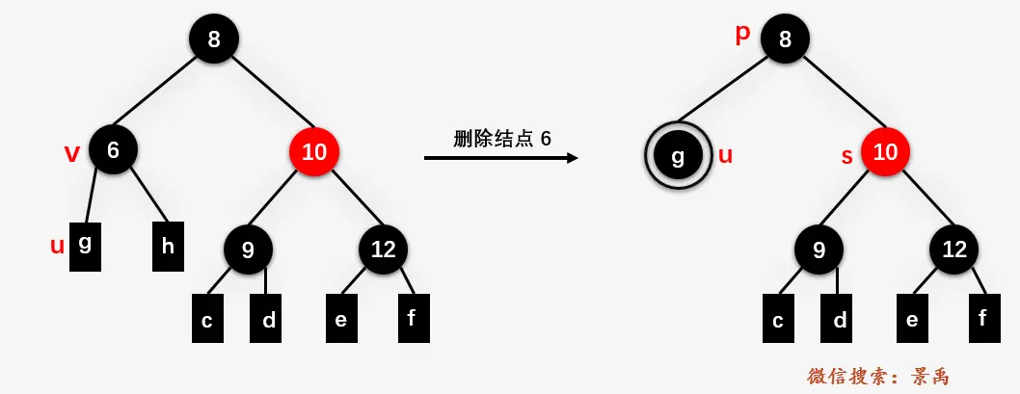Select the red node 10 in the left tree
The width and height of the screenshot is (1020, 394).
pos(314,151)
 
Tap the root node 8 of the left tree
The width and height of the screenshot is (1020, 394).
pos(213,39)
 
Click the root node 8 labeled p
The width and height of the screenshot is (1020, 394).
pos(785,39)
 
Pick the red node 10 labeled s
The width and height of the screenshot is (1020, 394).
pos(885,151)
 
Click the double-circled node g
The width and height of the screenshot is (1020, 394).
pos(678,155)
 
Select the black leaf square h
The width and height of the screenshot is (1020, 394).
pos(168,246)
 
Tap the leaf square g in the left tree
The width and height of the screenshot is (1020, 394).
pos(85,246)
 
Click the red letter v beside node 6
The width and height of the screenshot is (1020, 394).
pos(71,152)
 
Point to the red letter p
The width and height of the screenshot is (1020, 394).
pos(742,34)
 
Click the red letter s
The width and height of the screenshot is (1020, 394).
pos(847,156)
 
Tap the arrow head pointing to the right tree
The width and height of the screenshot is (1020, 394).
pos(572,157)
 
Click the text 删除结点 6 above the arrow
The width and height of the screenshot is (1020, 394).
pos(501,138)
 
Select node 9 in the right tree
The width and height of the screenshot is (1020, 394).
pos(819,250)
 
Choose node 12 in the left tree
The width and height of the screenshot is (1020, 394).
pos(383,250)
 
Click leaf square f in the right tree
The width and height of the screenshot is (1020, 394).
pos(982,318)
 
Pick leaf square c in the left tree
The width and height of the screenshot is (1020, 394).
pos(207,319)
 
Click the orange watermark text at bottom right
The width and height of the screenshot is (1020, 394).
pos(879,376)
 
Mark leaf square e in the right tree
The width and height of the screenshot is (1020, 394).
pos(911,319)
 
